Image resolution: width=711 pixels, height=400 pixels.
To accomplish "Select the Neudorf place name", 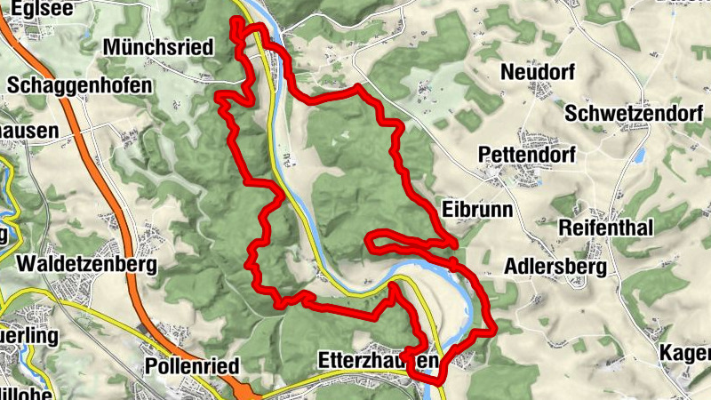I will click(x=537, y=71).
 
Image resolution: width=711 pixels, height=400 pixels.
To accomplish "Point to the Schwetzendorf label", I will click(x=627, y=113).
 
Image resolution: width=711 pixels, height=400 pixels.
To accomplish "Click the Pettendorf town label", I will click(x=526, y=155).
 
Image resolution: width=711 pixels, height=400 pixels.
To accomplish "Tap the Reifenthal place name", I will click(x=606, y=228).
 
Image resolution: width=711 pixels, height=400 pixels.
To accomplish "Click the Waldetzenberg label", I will click(x=86, y=264).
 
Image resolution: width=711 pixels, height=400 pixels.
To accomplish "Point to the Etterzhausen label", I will click(x=378, y=361).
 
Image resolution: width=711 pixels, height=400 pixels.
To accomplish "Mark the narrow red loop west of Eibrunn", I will click(x=400, y=241).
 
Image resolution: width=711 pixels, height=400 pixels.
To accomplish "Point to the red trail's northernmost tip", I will click(x=236, y=20).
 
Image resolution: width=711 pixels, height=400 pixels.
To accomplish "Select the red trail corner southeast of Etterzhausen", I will click(x=441, y=380).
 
